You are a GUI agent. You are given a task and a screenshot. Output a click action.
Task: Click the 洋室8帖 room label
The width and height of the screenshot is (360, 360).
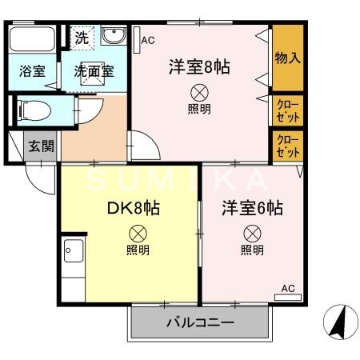[x=199, y=67]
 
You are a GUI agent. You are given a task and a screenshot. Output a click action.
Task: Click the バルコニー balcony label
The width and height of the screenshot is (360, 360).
[x=200, y=324]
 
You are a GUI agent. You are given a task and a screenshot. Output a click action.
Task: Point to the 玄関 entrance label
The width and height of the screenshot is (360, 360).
[x=42, y=146]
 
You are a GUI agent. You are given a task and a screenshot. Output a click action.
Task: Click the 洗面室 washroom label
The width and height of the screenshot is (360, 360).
[x=94, y=70]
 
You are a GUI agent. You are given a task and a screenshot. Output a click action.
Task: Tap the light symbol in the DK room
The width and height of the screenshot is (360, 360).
[x=137, y=234]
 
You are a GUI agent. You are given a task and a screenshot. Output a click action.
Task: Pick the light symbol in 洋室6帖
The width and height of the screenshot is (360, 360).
[x=252, y=234]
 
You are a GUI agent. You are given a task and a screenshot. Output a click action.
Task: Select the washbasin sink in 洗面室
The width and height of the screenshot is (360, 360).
[x=114, y=37]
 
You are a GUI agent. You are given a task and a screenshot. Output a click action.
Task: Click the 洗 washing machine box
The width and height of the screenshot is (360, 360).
[x=82, y=37]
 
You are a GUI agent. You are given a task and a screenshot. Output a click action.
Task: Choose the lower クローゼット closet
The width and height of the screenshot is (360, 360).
[x=288, y=145]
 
